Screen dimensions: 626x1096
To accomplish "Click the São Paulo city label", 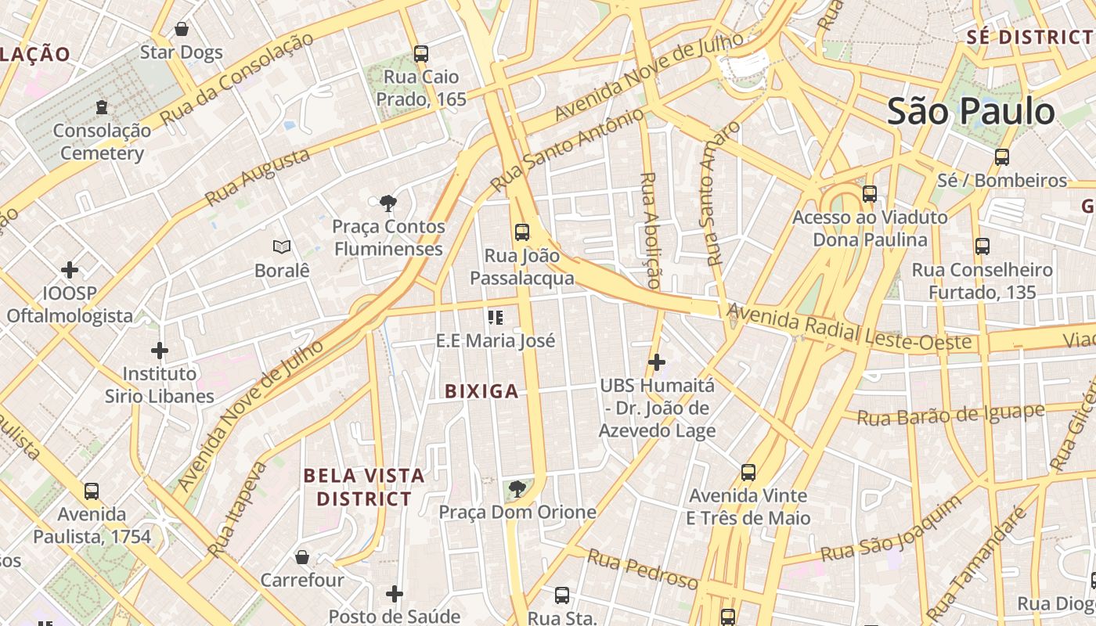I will tap(971, 111).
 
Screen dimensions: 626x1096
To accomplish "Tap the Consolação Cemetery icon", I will tap(101, 106).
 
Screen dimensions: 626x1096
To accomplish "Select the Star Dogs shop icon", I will tap(182, 30).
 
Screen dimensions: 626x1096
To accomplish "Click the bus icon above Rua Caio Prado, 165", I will tap(421, 54).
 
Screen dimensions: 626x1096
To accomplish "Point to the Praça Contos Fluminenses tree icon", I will tap(388, 203).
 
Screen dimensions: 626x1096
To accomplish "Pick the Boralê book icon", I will tap(282, 247).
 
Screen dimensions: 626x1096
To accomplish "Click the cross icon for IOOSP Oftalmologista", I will tap(70, 271).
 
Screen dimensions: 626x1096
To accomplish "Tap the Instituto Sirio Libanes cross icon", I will tap(160, 351).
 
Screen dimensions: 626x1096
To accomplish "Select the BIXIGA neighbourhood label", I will tap(481, 391).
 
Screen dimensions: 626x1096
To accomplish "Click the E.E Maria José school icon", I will tap(495, 318).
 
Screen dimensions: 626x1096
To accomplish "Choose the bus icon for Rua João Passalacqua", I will tap(522, 232).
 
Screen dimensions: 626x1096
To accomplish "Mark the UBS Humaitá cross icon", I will tap(657, 362).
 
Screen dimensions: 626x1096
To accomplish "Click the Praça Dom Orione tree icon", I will tap(517, 490).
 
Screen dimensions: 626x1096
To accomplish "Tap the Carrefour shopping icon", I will tap(302, 557).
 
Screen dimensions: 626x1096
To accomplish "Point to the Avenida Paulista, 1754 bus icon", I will tap(92, 491).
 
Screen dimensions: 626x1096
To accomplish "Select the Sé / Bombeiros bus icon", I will tap(1002, 157).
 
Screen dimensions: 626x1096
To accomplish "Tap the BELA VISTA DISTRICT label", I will tap(364, 487).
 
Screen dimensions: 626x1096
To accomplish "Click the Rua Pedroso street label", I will tap(642, 570).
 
